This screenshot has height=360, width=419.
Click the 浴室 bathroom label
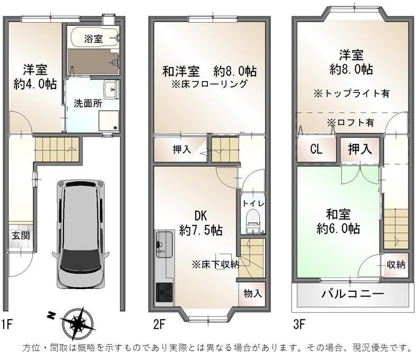94,39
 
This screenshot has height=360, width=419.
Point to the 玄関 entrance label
21,236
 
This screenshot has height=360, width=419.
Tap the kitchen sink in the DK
165,245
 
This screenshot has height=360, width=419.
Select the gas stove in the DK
164,292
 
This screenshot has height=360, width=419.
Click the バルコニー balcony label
352,294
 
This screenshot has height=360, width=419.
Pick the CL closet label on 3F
316,149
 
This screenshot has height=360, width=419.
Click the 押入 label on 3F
360,149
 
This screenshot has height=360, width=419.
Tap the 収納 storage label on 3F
396,265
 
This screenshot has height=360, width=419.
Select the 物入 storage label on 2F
252,293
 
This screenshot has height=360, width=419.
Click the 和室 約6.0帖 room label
338,221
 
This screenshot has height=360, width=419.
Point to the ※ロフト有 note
350,122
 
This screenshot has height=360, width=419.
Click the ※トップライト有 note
352,93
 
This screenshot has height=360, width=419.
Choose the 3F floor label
299,325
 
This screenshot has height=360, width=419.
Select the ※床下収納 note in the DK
215,265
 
